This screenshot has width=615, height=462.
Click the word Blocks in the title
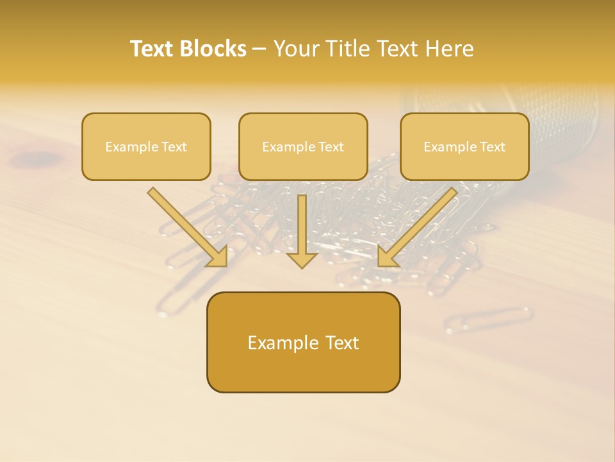[x=214, y=49]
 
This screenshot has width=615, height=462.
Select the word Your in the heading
[x=295, y=49]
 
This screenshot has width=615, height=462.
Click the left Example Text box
[x=146, y=147]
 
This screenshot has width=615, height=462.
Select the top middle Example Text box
[x=303, y=147]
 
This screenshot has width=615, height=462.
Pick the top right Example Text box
[x=464, y=147]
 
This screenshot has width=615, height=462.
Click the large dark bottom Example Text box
[x=303, y=343]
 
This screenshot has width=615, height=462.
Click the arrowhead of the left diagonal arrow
[x=218, y=257]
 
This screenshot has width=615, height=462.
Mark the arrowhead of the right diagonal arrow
[x=388, y=257]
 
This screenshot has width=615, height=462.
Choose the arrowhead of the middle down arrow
[x=302, y=260]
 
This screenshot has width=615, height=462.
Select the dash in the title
[x=259, y=49]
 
